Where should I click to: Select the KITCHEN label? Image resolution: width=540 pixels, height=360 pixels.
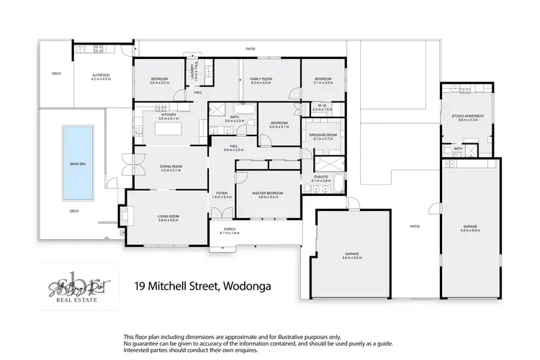168,114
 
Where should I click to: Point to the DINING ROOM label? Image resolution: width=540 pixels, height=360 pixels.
171,167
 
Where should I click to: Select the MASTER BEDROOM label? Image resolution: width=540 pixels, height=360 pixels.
267,193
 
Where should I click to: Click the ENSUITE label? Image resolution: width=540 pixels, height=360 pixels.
321,177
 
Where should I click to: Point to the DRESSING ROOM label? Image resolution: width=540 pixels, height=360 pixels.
323,135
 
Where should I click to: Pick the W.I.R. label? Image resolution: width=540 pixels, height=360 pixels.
323,106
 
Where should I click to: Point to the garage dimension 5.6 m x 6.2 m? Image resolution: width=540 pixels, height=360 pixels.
353,258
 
